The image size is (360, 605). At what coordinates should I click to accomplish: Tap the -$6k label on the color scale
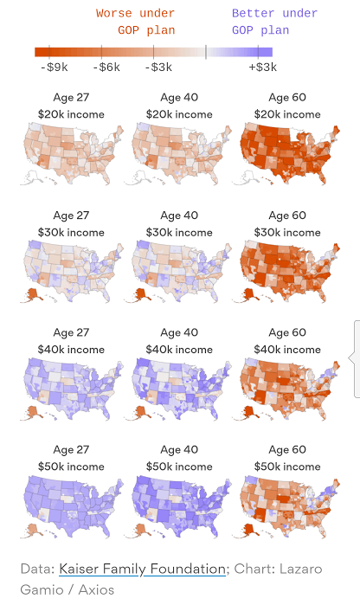(107, 67)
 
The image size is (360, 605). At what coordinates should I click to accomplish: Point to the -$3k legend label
(159, 67)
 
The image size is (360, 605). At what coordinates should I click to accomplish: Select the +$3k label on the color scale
(262, 67)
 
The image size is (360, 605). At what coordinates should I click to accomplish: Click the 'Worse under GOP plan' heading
(135, 22)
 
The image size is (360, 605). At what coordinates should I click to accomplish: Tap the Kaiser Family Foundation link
(142, 569)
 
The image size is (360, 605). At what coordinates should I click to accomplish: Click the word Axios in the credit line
(95, 589)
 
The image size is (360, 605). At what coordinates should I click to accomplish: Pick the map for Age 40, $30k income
(178, 272)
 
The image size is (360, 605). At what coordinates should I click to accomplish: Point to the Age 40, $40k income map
(178, 389)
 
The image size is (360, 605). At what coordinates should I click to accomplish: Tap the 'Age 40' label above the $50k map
(179, 450)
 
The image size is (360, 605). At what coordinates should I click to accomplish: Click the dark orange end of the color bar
(42, 52)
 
